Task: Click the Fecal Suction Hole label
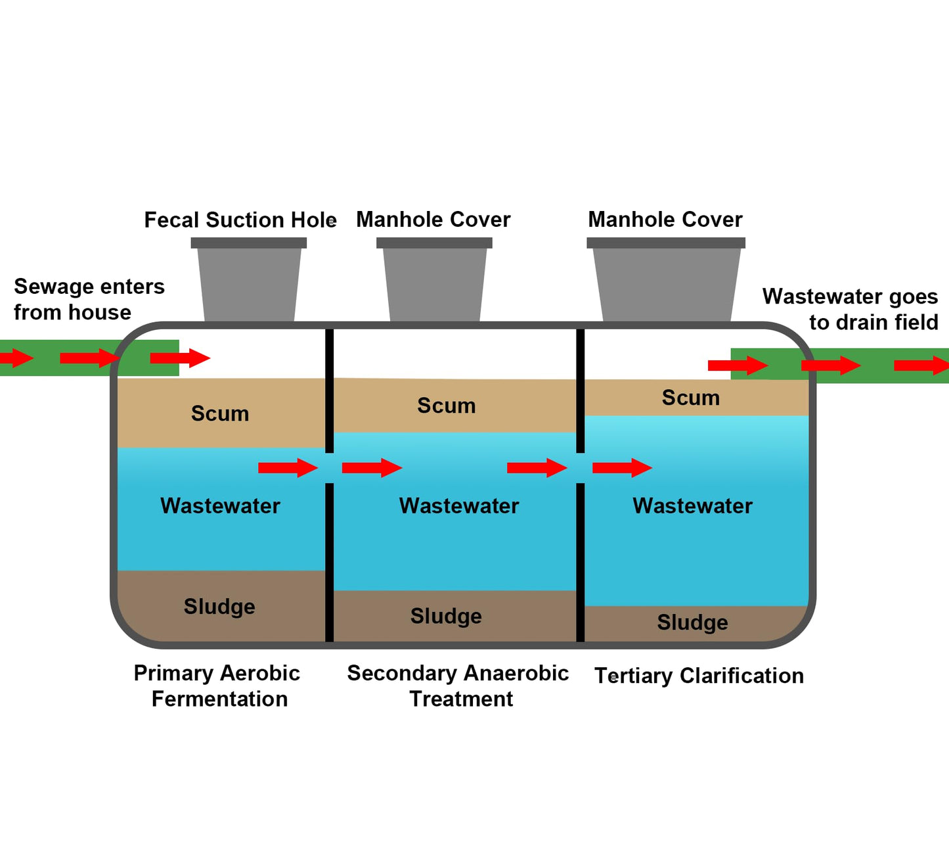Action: point(240,220)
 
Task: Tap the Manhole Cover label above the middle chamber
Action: point(433,220)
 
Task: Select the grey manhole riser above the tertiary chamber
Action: point(666,279)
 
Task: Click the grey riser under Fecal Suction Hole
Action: point(249,279)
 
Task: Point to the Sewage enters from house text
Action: point(89,299)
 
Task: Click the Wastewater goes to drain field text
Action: point(850,310)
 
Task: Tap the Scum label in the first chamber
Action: point(220,413)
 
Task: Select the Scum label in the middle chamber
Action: point(447,406)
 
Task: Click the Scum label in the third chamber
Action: point(691,398)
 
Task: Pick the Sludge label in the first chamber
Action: point(219,607)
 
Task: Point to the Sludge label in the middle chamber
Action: point(446,616)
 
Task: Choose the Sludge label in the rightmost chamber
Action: point(692,622)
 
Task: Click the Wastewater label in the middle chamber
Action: point(459,506)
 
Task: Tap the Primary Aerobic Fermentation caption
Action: point(217,686)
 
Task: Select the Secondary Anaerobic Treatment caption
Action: point(458,686)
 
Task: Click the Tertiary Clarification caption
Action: point(699,676)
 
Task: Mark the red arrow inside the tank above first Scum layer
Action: point(181,358)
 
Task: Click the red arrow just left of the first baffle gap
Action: point(288,467)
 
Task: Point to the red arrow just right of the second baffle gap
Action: point(623,467)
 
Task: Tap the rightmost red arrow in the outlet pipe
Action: point(921,365)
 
